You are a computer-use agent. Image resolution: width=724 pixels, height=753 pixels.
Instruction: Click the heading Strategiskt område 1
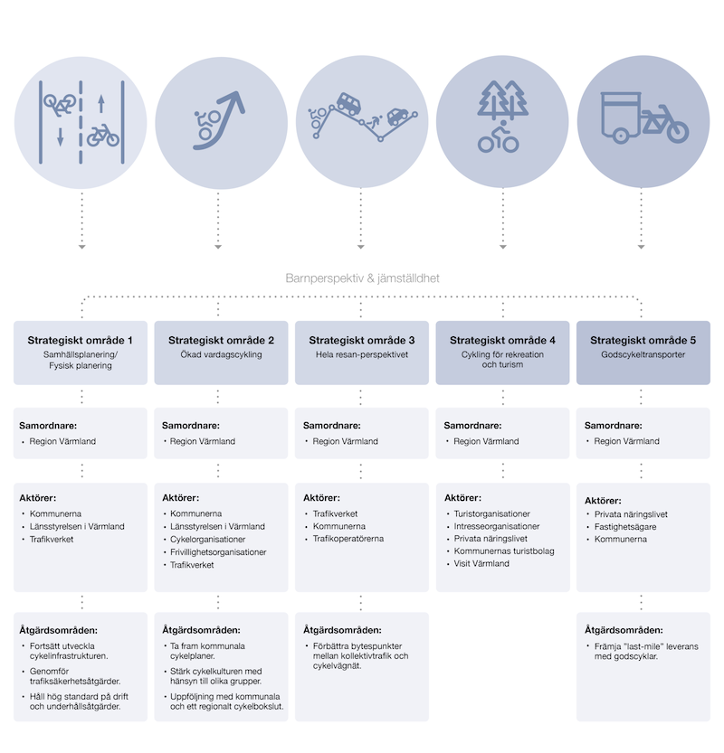pos(81,340)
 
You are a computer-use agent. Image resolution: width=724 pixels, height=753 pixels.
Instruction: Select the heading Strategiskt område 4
pos(502,340)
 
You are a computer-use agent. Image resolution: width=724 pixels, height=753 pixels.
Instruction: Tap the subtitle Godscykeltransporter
pos(643,355)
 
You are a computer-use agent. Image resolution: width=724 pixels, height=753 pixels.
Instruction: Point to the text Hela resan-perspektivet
pos(361,355)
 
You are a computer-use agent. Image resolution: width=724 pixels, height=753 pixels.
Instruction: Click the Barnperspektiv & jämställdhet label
pos(362,278)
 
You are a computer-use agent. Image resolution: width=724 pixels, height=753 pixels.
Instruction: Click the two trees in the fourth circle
pos(503,100)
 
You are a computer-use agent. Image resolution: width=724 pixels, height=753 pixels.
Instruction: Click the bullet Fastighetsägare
pos(624,526)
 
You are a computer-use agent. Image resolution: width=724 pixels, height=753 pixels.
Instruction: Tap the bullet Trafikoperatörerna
pos(348,539)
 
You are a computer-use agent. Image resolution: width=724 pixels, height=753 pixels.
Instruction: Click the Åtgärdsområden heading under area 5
pos(622,630)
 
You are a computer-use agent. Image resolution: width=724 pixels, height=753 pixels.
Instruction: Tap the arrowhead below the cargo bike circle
pos(642,247)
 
